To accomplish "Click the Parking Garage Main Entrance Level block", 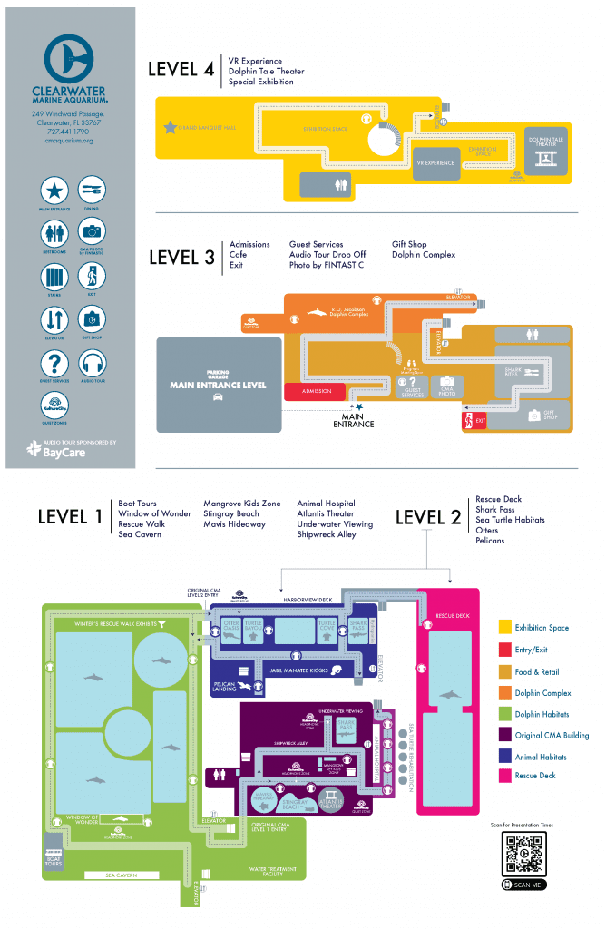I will pyautogui.click(x=217, y=385).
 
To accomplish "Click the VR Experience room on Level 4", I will pyautogui.click(x=435, y=162).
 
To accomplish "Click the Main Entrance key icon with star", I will pyautogui.click(x=55, y=191).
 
